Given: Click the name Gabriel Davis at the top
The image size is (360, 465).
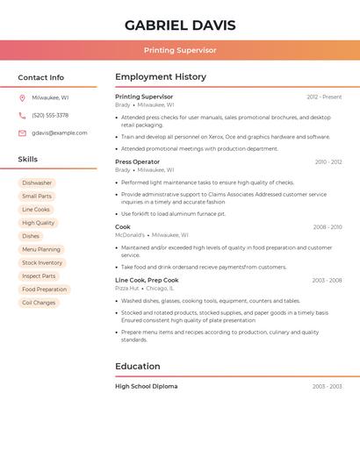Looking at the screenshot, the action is click(180, 25).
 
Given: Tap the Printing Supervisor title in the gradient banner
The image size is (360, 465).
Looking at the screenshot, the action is click(180, 50).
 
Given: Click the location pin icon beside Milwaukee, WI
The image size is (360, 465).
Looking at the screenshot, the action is click(22, 97).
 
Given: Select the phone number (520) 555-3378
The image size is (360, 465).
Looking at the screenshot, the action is click(50, 115).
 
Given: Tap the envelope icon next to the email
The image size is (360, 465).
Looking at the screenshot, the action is click(22, 132).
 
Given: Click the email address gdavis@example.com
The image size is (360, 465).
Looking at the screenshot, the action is click(60, 132).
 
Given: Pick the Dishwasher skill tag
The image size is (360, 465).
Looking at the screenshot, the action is click(37, 182).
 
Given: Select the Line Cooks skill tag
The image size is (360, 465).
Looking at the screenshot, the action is click(36, 210).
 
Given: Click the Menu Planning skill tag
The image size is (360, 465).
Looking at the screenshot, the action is click(41, 249).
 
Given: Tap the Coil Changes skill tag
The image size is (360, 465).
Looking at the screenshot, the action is click(39, 303).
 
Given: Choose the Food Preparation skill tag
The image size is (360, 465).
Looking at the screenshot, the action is click(44, 290).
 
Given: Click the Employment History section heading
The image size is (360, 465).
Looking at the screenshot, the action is click(161, 77).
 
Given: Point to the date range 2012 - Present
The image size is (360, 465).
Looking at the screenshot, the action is click(324, 97).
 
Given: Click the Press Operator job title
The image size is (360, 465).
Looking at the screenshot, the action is click(138, 161).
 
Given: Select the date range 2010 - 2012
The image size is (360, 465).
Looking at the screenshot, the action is click(328, 161).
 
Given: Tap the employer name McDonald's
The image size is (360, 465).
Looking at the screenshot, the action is click(130, 235).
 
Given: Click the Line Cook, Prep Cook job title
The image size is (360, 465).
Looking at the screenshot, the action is click(147, 280).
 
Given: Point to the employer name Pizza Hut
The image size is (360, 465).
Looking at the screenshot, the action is click(127, 288).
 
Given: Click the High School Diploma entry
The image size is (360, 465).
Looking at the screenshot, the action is click(146, 386).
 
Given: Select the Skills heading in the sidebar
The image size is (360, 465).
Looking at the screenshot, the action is click(28, 160).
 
